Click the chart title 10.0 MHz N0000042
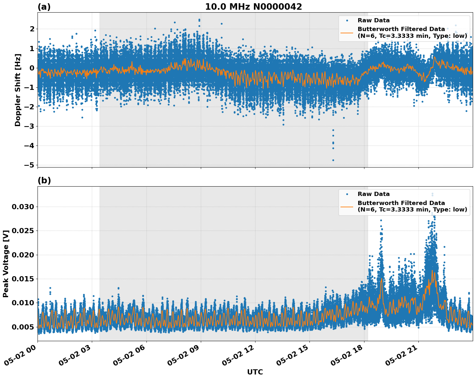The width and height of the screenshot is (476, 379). (253, 7)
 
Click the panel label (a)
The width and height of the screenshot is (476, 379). (44, 7)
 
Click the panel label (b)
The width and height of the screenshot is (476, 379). (44, 180)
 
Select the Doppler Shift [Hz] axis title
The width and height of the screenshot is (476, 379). (18, 90)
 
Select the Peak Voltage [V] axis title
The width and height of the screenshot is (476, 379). (5, 264)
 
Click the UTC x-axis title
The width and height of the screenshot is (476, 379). (255, 372)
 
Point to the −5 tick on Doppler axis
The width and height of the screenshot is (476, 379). (30, 165)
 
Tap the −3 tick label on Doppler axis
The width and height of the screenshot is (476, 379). (30, 126)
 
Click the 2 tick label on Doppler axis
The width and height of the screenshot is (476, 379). (32, 29)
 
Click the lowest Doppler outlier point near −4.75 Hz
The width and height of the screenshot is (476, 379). (333, 160)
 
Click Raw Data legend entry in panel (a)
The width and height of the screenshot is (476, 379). (373, 20)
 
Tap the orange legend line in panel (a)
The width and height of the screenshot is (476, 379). (347, 32)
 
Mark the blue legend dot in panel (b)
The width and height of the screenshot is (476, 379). (347, 194)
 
